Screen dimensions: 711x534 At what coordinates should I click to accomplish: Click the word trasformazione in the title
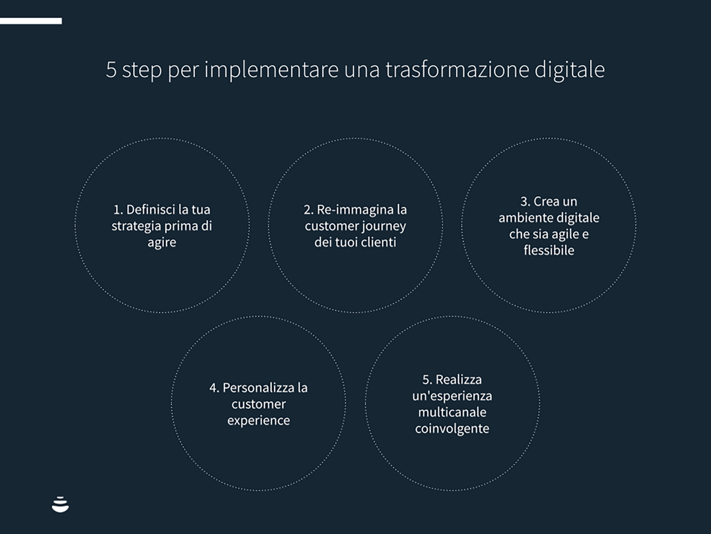tap(457, 69)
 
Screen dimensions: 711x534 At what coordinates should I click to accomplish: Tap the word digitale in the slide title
tap(570, 69)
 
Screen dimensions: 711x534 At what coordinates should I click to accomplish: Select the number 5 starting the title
tap(111, 70)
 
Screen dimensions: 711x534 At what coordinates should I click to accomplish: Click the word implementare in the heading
tap(271, 70)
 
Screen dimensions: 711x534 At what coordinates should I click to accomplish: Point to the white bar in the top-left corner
tap(31, 21)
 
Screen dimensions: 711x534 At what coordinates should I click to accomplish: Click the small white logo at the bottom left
tap(60, 504)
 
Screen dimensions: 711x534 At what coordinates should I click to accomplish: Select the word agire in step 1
tap(162, 243)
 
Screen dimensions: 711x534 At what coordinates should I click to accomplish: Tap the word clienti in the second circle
tap(378, 243)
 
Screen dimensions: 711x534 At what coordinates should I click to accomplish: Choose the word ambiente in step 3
tap(522, 218)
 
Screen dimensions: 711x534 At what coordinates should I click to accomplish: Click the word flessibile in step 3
tap(549, 251)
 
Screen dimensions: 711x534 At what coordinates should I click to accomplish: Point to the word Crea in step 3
tap(546, 202)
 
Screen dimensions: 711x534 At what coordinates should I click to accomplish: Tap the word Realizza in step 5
tap(458, 380)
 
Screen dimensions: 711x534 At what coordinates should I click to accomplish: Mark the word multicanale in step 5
tap(452, 412)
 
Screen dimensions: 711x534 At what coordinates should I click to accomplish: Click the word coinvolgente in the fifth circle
tap(452, 429)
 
